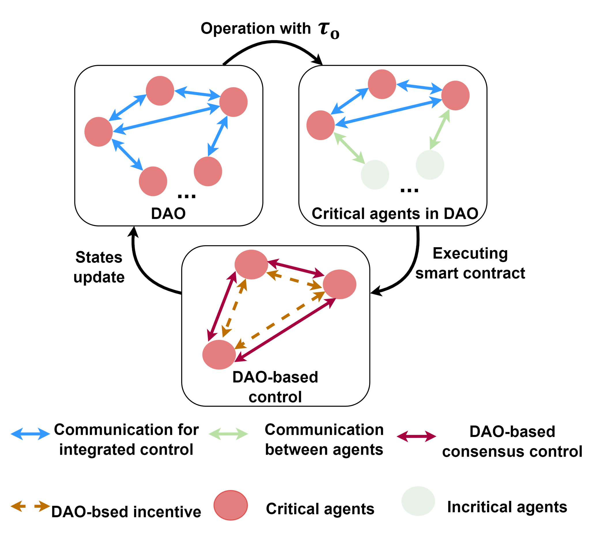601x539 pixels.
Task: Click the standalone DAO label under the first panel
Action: point(168,214)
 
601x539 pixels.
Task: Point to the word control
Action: point(275,397)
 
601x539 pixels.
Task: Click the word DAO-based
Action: point(275,377)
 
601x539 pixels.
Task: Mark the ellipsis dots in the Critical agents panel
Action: point(409,191)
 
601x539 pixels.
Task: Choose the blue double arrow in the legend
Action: point(31,434)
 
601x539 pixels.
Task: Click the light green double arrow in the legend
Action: point(228,434)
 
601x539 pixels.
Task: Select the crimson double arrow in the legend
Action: point(416,436)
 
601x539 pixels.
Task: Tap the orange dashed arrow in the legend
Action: point(31,506)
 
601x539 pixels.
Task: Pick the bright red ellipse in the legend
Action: point(230,505)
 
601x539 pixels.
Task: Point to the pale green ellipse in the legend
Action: point(418,501)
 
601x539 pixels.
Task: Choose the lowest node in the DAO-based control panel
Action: point(219,355)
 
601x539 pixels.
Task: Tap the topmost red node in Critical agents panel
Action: point(382,84)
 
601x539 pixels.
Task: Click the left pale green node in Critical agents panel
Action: point(375,175)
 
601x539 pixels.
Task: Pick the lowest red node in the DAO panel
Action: point(153,181)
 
